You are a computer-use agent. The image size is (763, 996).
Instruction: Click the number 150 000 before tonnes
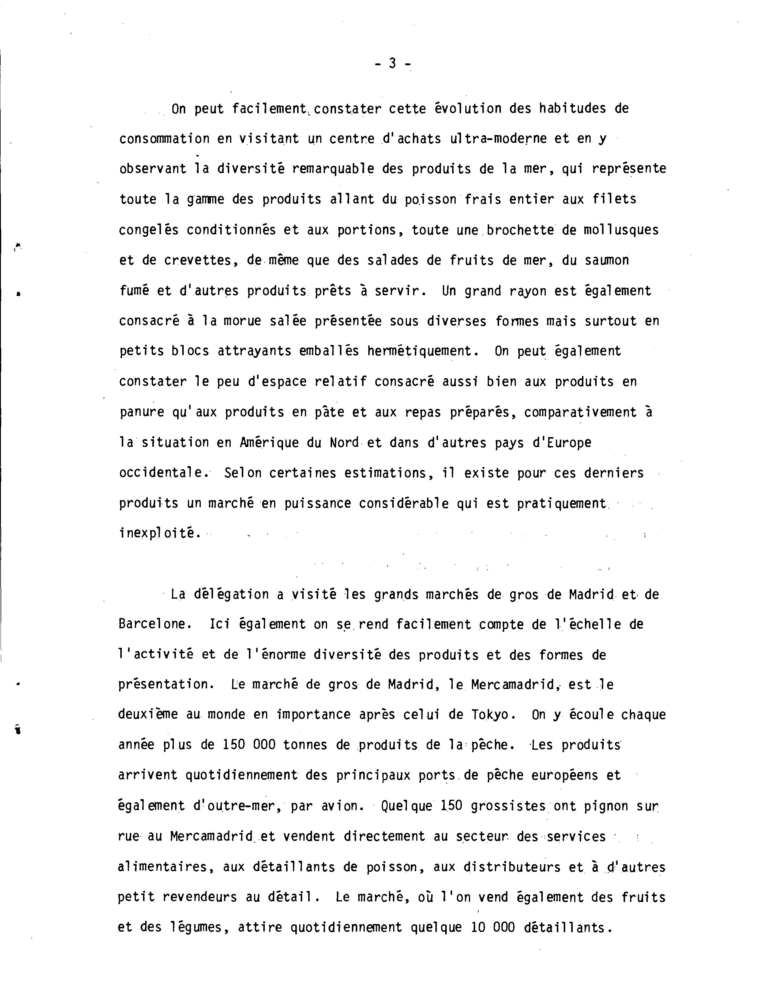249,745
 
